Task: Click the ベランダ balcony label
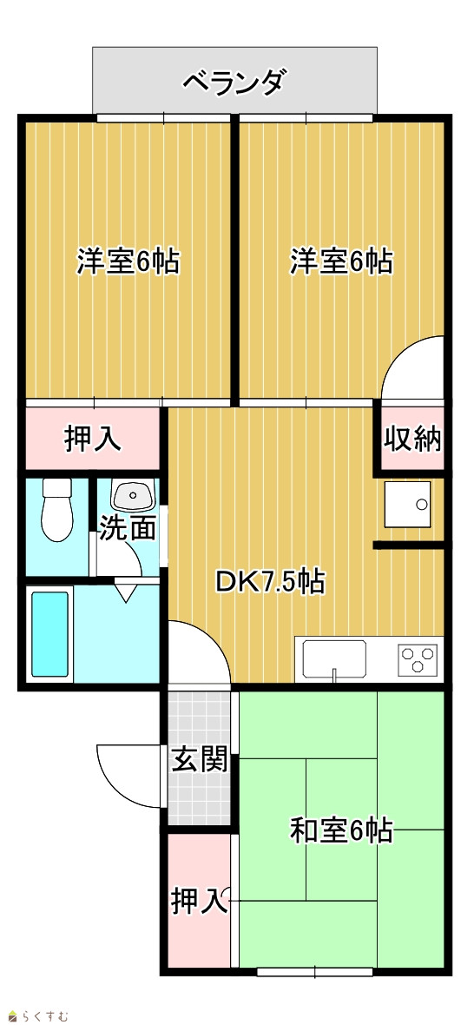click(x=233, y=83)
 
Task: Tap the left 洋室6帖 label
click(x=128, y=261)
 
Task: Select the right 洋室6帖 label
click(x=341, y=261)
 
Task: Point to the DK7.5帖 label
click(x=270, y=581)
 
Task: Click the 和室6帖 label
click(x=341, y=830)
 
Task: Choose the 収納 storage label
click(x=412, y=439)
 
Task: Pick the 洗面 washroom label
click(x=128, y=528)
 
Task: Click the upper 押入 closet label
click(x=92, y=439)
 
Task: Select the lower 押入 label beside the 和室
click(x=199, y=903)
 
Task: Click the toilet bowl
click(x=56, y=510)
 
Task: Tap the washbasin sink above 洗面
click(x=133, y=495)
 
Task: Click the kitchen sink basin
click(x=333, y=659)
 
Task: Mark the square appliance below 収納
click(x=407, y=504)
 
